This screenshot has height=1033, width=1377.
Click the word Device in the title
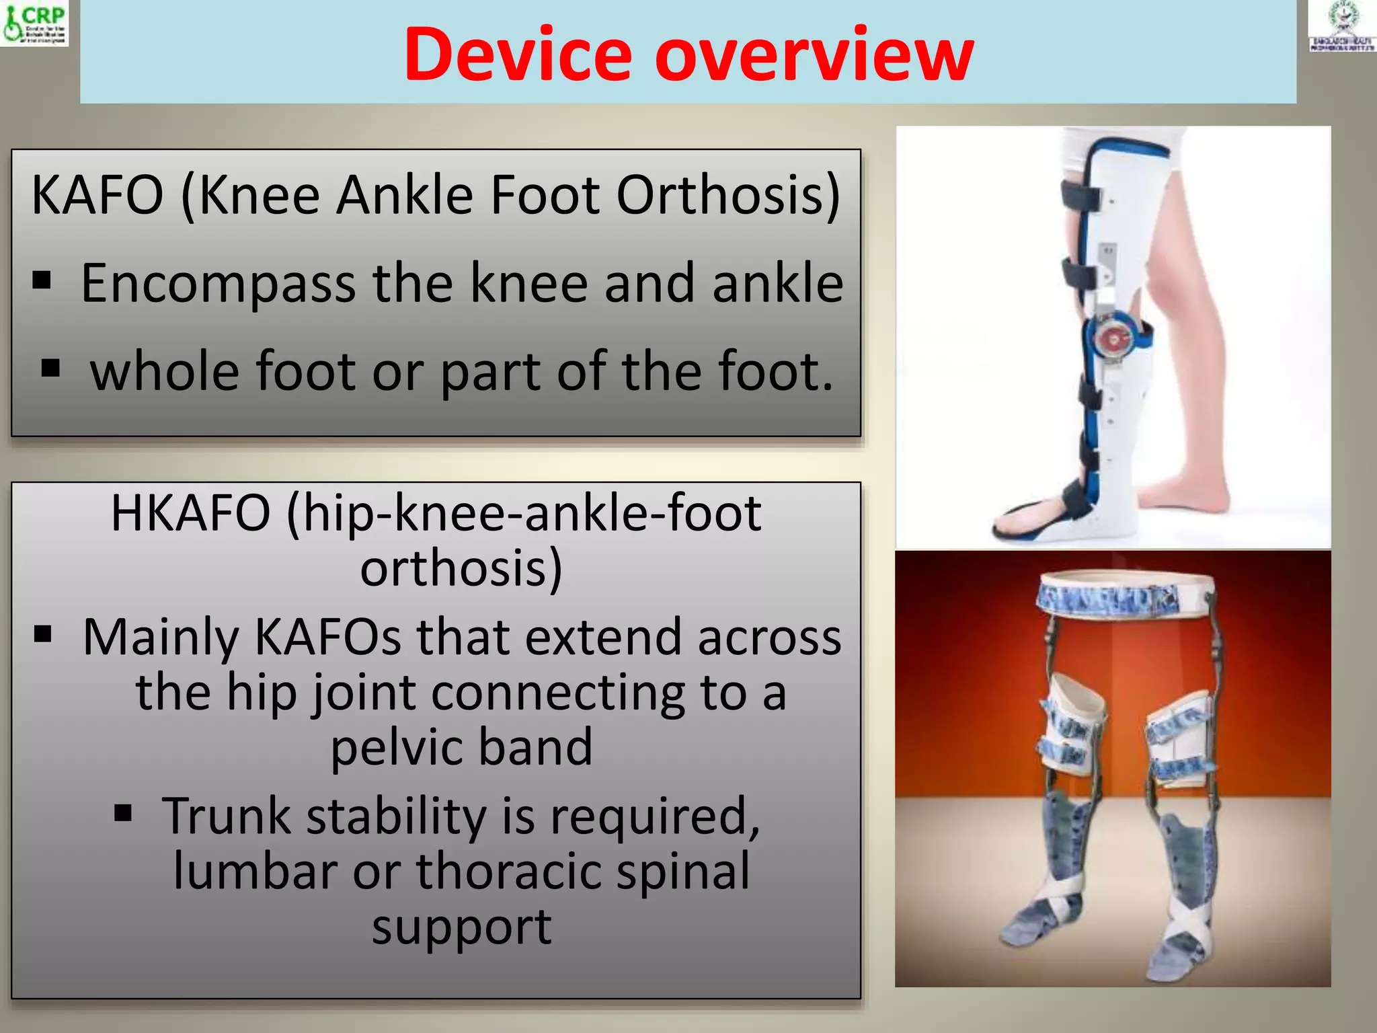point(518,55)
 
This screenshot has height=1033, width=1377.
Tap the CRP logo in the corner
point(35,23)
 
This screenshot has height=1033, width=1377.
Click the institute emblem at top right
point(1342,26)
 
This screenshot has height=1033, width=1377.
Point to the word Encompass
point(218,284)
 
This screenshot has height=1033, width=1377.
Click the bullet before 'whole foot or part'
point(50,368)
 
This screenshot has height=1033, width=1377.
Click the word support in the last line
point(461,927)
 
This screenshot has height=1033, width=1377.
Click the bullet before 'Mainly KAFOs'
point(43,634)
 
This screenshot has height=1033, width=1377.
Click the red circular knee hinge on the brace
point(1113,340)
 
